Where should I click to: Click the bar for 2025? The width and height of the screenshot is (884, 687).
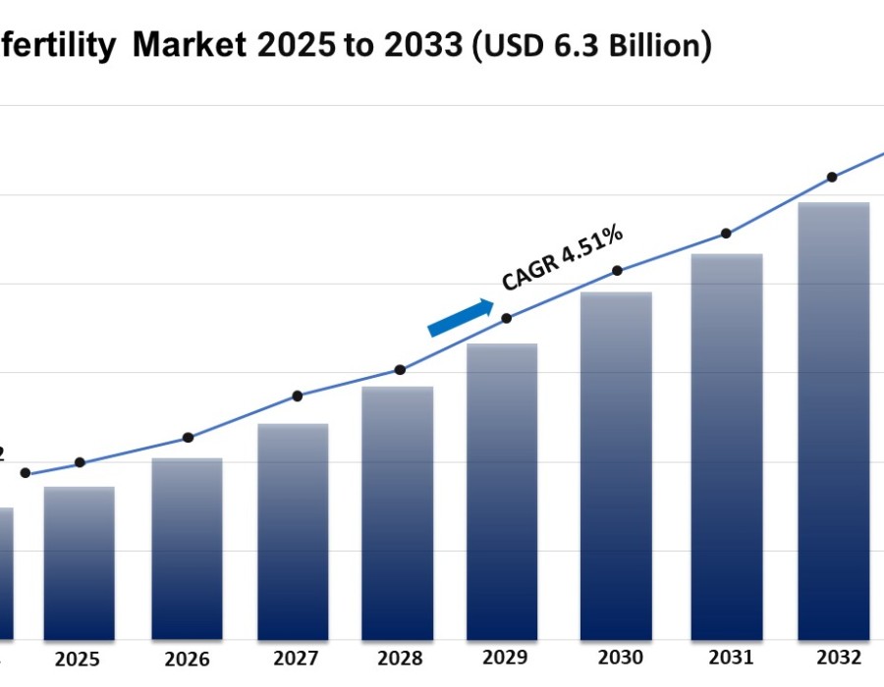coord(79,563)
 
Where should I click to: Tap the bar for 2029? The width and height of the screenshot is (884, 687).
coord(502,492)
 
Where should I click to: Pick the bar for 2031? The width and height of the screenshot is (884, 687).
coord(726,447)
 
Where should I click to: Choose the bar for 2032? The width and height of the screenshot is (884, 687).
coord(833,421)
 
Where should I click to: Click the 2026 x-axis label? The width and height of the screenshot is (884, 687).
coord(186,660)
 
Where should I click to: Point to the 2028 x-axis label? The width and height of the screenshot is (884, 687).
coord(400,659)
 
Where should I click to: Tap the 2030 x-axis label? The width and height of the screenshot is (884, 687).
coord(619,658)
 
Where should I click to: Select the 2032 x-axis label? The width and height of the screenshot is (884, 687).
coord(838,658)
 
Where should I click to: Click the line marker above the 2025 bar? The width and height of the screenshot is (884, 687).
coord(80,462)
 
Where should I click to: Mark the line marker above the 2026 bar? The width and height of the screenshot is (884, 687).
coord(189,438)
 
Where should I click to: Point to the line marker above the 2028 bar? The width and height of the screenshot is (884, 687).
coord(400,370)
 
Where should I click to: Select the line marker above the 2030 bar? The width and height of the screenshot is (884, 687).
coord(617,270)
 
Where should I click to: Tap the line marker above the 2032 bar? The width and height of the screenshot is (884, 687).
coord(832,177)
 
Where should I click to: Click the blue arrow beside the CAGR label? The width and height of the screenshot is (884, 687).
coord(461,318)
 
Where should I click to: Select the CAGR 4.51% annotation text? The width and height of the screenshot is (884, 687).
coord(562,258)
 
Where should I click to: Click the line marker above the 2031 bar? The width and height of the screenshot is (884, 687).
coord(726,234)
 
